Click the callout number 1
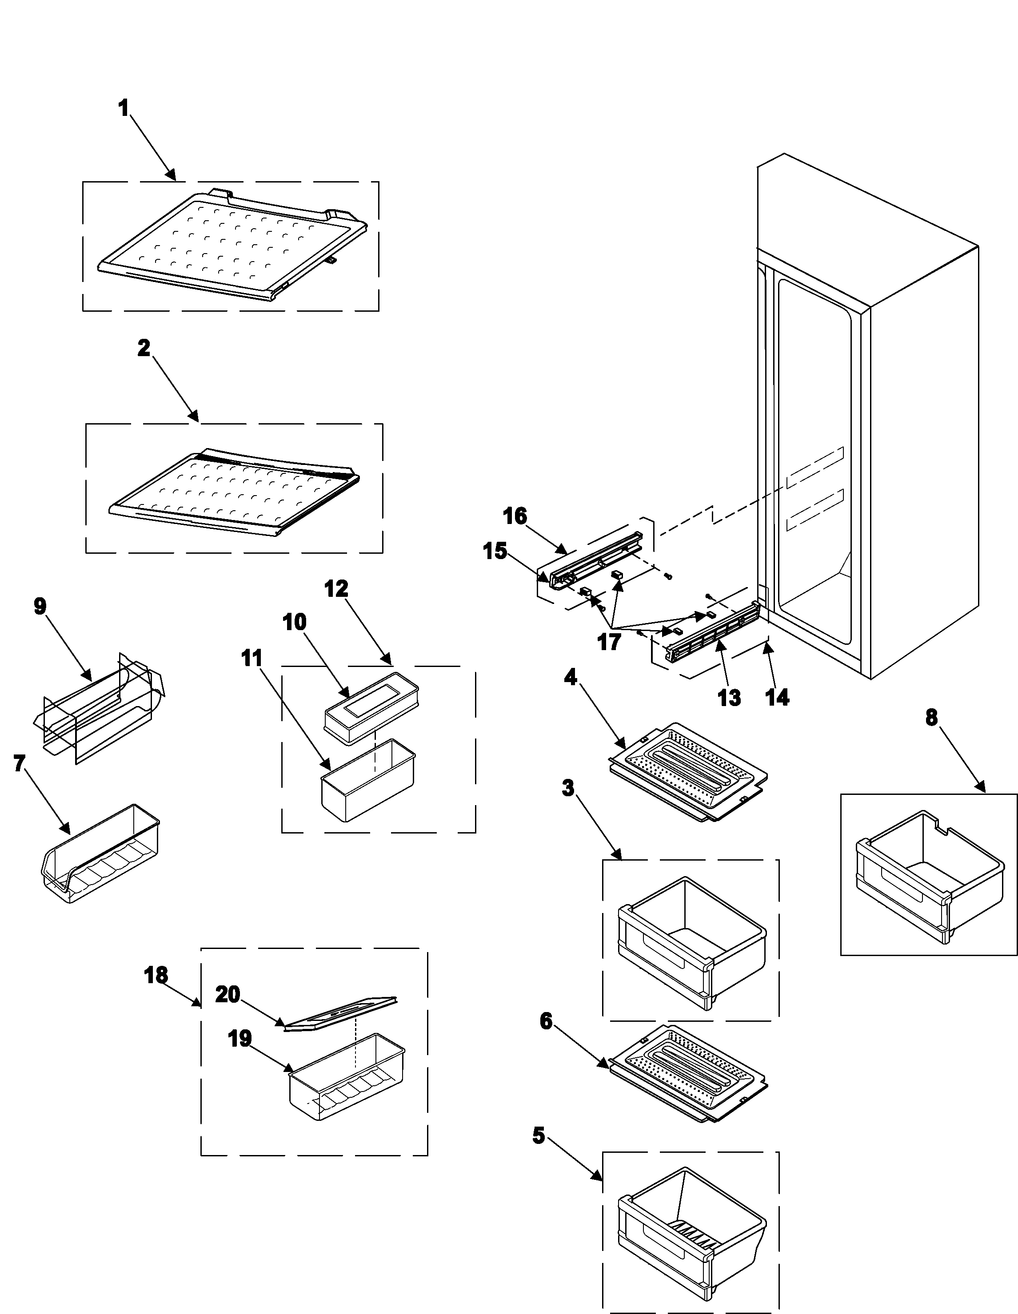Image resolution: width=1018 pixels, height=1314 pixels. pos(124,109)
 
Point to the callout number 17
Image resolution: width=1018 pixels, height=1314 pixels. pos(609,642)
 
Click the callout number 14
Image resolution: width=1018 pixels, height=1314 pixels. pos(777,697)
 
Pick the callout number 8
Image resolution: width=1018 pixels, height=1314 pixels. pos(931,717)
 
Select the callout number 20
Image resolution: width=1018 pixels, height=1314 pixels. pos(228,995)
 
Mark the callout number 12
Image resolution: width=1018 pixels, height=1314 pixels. pos(336,588)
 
